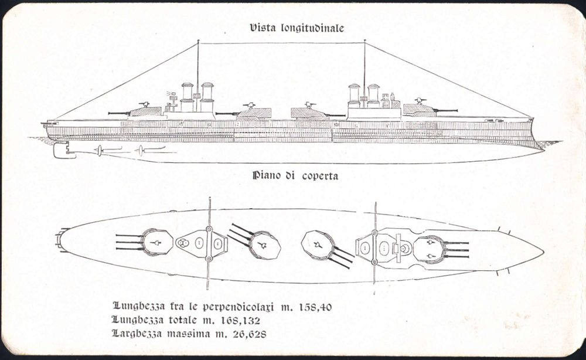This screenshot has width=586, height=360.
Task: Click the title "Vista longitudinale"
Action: (297, 28)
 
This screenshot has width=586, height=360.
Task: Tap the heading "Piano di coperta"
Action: (296, 175)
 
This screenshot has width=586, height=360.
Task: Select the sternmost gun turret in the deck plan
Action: (157, 242)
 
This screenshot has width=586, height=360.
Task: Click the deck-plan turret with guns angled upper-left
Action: (264, 244)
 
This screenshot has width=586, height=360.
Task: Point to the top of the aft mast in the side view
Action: (198, 41)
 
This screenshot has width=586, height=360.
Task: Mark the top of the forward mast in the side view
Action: (364, 41)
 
